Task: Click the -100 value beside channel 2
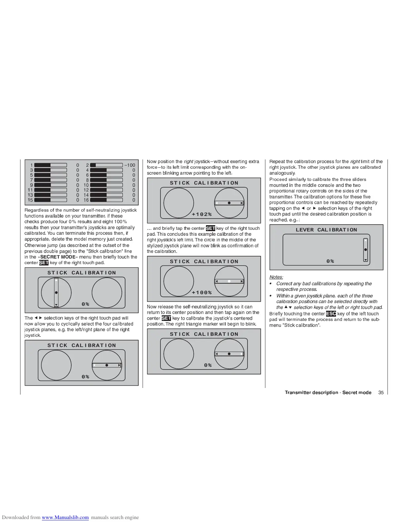(130, 165)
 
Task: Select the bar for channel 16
(106, 200)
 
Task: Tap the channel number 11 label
(30, 190)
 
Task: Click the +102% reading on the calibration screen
(202, 214)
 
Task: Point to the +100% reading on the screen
(202, 293)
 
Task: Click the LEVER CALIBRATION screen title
(326, 230)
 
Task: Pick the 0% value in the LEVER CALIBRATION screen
(330, 261)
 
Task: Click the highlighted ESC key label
(331, 314)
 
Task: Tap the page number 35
(381, 393)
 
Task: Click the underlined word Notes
(276, 277)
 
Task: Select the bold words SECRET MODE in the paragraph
(58, 257)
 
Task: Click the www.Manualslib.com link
(65, 517)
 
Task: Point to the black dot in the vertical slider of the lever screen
(365, 250)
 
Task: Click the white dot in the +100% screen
(229, 281)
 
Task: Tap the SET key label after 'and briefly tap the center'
(210, 228)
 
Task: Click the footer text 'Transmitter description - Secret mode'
(328, 393)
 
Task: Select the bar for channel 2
(106, 165)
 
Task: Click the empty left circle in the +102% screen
(179, 203)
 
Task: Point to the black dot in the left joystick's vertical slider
(56, 293)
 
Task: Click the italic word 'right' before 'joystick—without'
(188, 161)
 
